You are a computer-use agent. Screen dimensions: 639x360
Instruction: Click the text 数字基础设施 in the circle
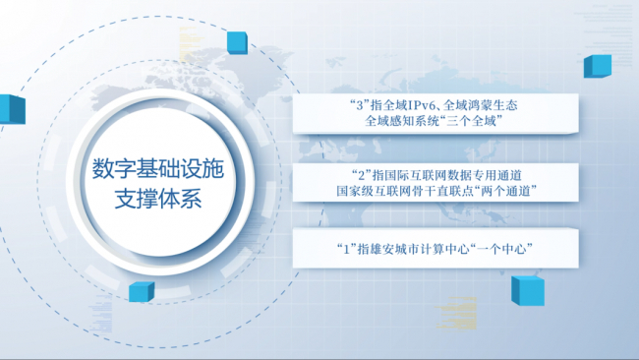coord(158,169)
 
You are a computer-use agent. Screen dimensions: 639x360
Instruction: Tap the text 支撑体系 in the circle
coord(158,200)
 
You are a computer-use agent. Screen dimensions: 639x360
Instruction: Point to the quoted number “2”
coord(361,175)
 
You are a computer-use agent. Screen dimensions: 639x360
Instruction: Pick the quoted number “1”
coord(347,248)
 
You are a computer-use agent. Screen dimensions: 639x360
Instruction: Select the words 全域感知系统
coord(399,121)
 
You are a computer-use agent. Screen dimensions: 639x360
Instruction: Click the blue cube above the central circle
coord(237,43)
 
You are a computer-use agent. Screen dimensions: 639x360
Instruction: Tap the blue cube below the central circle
coord(142,292)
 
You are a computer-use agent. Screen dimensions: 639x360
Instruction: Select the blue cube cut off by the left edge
coord(12,109)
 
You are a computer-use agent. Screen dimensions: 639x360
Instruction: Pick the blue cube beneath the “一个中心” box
coord(528,291)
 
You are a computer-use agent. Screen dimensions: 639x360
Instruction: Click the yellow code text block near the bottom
coord(456,313)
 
